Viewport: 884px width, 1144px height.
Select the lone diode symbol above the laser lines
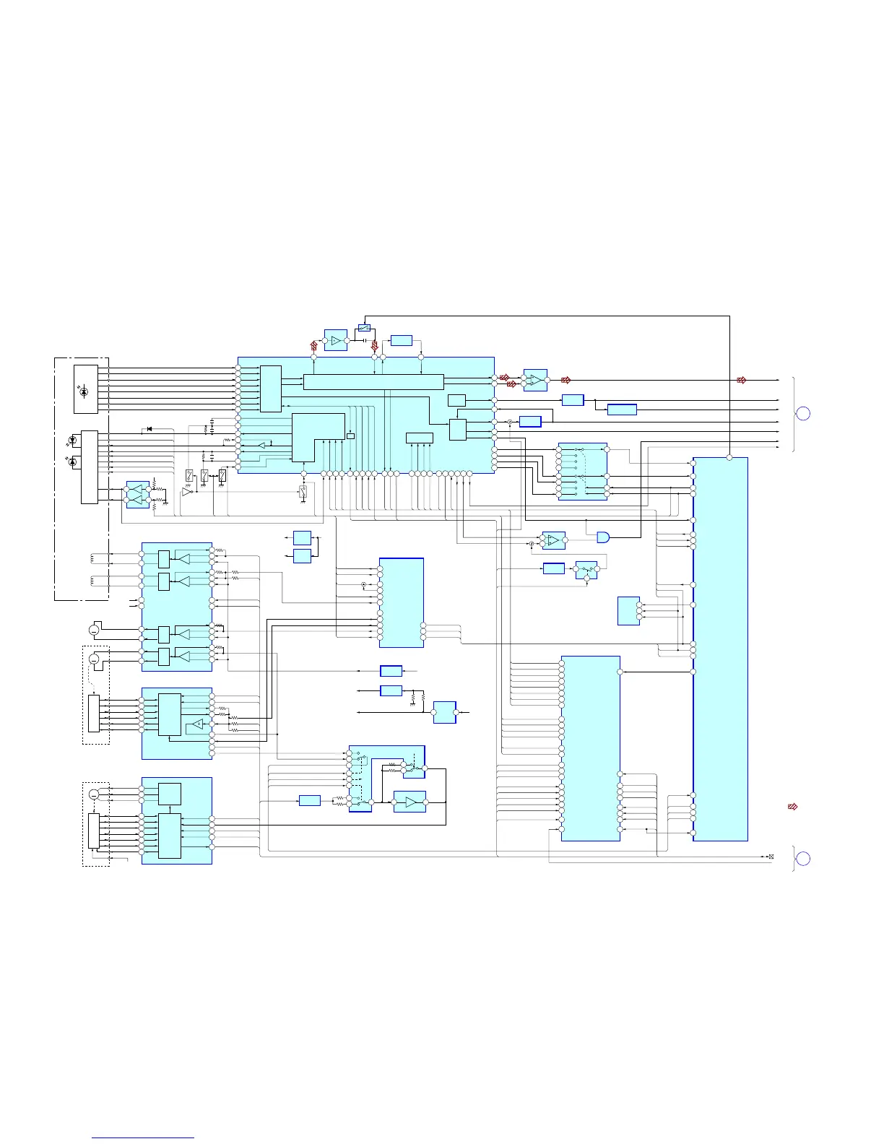[149, 429]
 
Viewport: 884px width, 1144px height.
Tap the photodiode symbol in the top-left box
[84, 391]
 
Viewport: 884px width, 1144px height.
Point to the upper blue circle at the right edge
[802, 414]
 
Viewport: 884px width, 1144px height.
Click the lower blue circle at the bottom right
[802, 859]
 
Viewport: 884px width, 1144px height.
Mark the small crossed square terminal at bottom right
[771, 857]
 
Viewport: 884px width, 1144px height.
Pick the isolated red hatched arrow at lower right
[792, 806]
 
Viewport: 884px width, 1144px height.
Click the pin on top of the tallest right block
[729, 457]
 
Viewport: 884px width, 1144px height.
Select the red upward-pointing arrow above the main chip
[314, 345]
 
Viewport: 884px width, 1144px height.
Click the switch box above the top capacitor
[364, 329]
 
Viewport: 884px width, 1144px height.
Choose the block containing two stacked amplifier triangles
[137, 495]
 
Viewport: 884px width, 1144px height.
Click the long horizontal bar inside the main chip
[373, 382]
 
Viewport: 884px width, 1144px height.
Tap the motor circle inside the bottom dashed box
[94, 794]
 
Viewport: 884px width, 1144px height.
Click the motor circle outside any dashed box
[94, 630]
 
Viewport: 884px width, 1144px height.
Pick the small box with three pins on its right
[628, 611]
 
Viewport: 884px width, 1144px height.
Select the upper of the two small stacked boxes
[302, 537]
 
